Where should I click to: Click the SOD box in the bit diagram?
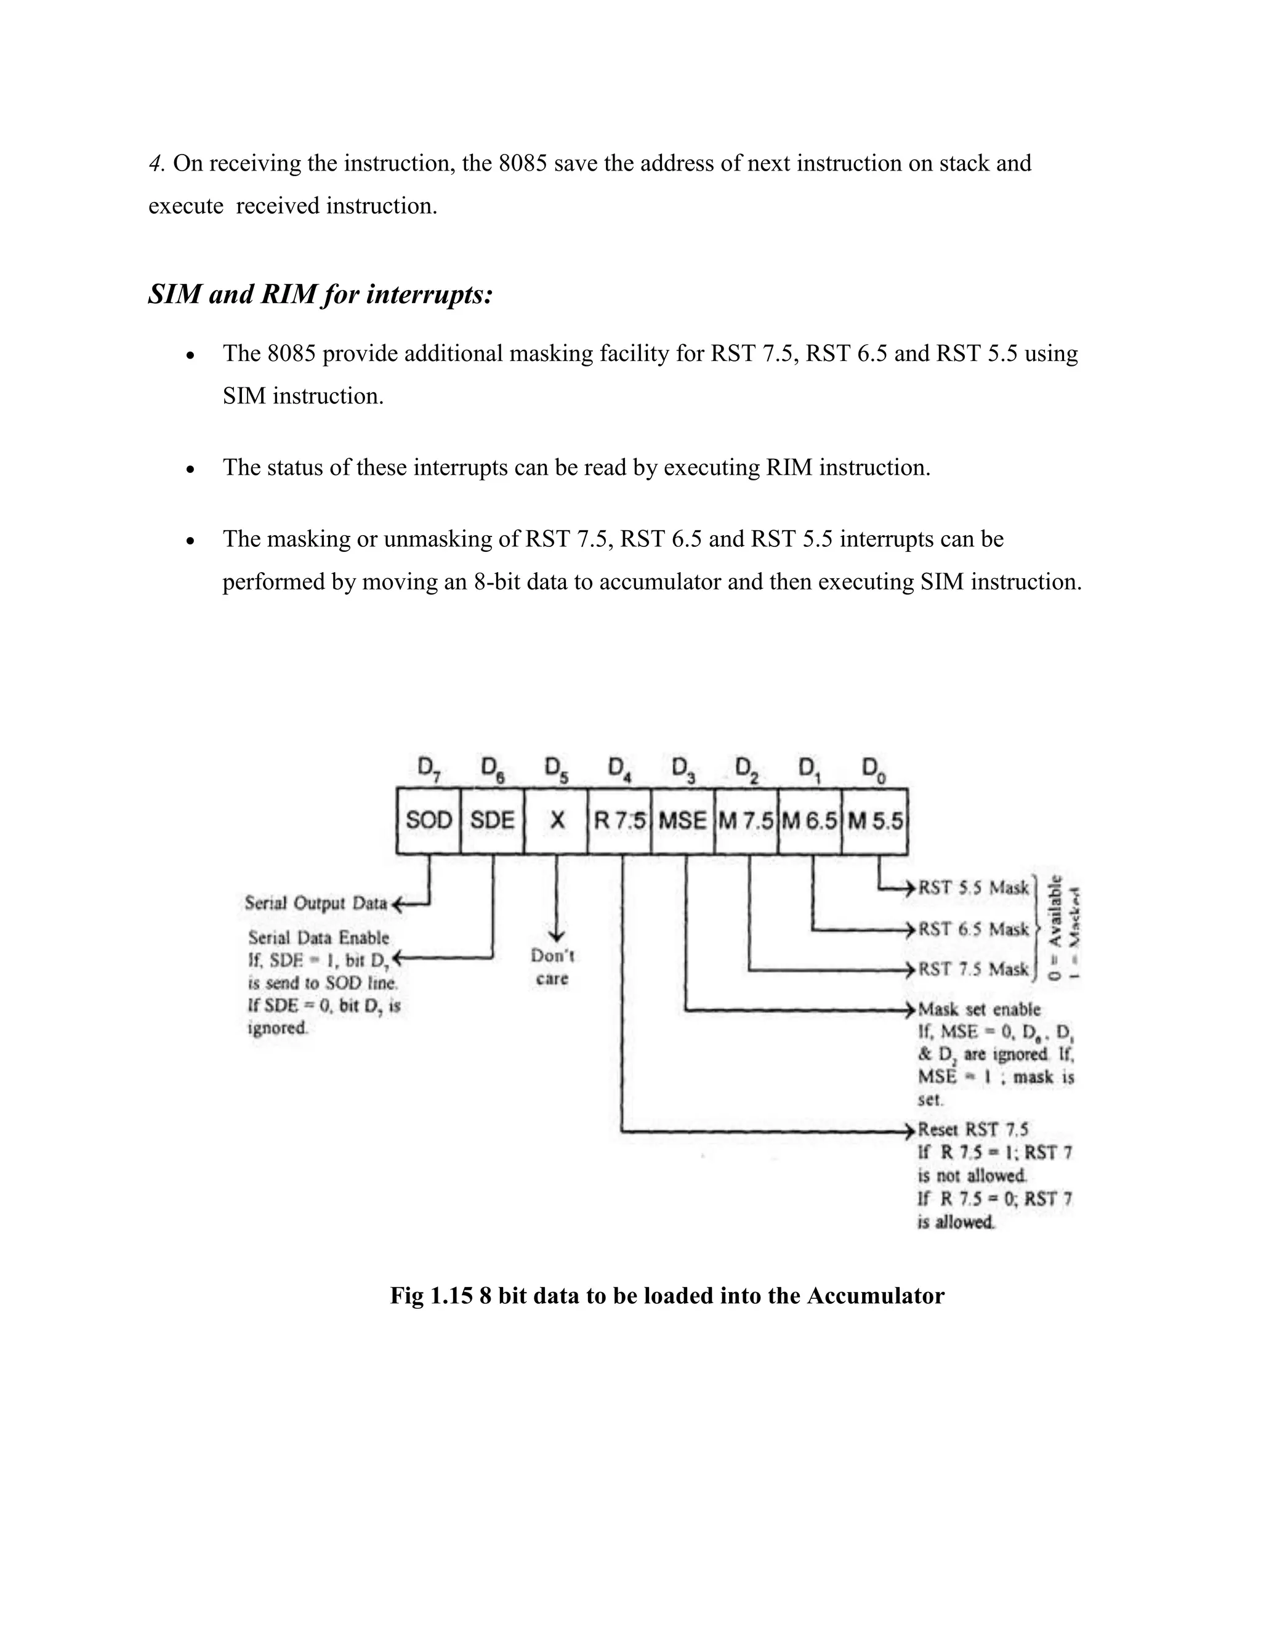coord(428,820)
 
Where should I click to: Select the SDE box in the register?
coord(493,820)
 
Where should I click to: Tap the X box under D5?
coord(557,820)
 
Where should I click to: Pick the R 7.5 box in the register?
coord(619,820)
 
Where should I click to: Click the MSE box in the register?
coord(683,820)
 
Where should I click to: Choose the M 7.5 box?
coord(746,820)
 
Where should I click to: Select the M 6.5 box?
coord(810,820)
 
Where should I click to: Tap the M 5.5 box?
coord(875,820)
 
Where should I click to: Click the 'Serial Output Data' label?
coord(316,903)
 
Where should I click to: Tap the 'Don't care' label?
coord(552,967)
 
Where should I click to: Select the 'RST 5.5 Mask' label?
coord(973,887)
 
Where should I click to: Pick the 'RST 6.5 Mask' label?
coord(973,929)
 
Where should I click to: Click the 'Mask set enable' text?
coord(978,1009)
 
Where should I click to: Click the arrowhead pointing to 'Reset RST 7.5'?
coord(910,1129)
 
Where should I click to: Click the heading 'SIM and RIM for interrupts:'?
coord(320,294)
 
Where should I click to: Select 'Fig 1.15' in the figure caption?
coord(431,1295)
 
